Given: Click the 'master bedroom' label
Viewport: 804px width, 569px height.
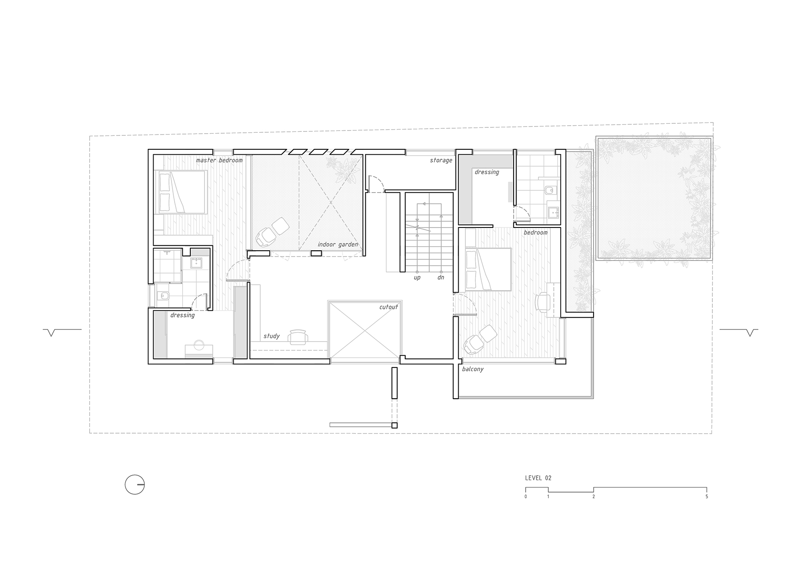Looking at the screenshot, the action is coord(219,160).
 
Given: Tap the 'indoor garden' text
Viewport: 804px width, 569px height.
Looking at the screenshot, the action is coord(338,245).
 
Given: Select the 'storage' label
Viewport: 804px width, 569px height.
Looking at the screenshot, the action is coord(441,160).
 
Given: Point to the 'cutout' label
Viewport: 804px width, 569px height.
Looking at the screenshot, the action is coord(389,308).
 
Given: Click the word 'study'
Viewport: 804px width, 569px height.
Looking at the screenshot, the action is coord(272,336).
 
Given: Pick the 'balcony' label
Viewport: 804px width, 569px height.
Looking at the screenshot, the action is coord(473,369).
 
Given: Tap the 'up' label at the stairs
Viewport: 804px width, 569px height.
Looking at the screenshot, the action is coord(417,278).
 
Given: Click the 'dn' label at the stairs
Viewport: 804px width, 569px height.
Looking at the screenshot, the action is coord(441,278).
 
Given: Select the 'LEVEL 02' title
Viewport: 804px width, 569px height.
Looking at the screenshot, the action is coord(538,478).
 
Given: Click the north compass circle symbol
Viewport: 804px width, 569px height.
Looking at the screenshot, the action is coord(134,485).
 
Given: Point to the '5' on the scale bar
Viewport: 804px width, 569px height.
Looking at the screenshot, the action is coord(707,497).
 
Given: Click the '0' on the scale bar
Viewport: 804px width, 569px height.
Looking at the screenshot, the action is coord(526,497).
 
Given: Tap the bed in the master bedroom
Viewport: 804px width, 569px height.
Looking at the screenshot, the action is coord(181,192).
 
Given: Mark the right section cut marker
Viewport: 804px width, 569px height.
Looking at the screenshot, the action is coord(739,332).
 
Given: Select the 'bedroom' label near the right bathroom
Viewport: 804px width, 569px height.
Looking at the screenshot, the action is coord(536,232).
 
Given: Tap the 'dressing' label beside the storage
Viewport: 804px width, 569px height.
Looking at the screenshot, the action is coord(487,172).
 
